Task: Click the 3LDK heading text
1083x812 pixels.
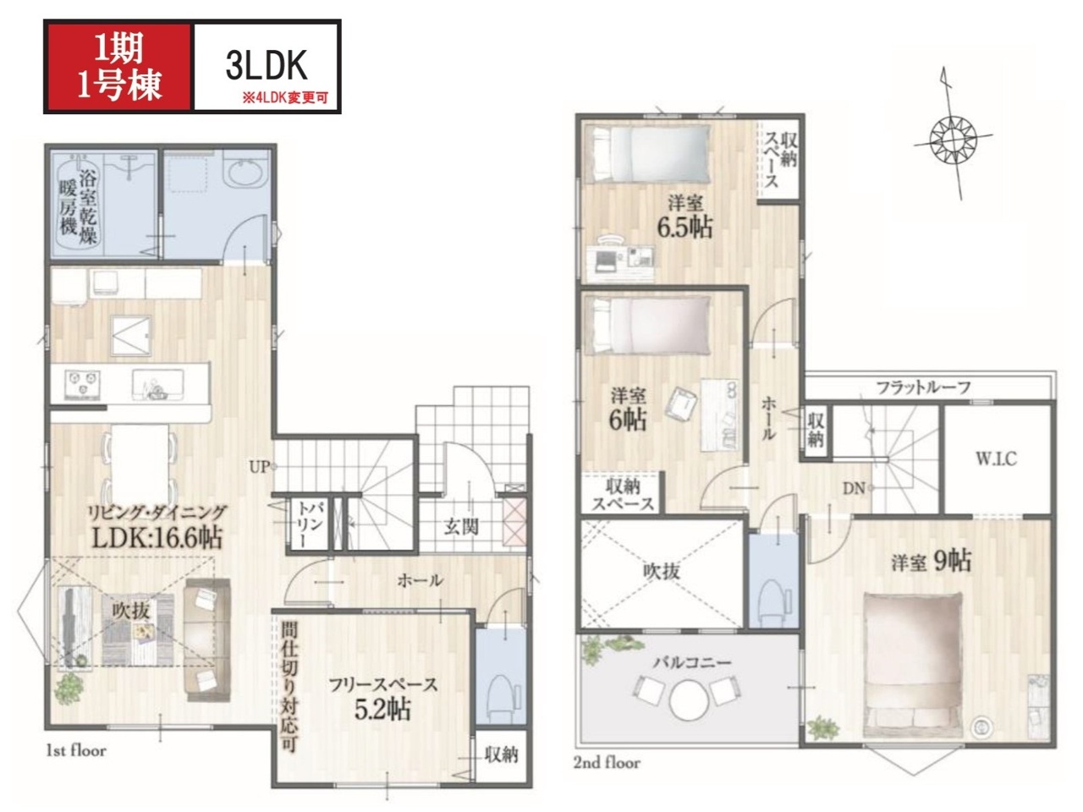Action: (267, 66)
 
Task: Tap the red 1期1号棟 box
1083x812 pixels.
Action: (119, 67)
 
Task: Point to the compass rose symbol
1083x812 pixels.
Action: (954, 140)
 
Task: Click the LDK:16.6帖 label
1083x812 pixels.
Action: (157, 537)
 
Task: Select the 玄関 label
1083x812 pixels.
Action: (461, 527)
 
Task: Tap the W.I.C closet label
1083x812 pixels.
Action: (996, 459)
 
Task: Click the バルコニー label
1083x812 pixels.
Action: (692, 662)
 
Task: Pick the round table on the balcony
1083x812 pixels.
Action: (690, 700)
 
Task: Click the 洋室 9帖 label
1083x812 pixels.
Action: (931, 562)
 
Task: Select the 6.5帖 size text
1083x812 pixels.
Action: (684, 228)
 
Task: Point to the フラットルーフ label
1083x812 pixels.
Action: (923, 387)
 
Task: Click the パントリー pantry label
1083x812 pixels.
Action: (309, 524)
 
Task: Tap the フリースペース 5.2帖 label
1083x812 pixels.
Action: (383, 698)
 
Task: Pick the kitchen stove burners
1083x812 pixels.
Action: (82, 385)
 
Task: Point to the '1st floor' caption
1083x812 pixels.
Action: (76, 751)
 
